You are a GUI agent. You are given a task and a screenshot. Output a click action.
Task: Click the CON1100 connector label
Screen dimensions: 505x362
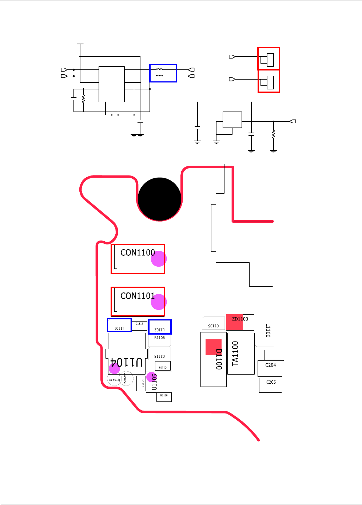point(137,252)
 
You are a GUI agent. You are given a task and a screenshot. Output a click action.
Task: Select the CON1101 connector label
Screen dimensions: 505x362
point(137,296)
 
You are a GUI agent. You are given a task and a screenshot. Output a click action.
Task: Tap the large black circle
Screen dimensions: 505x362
point(159,199)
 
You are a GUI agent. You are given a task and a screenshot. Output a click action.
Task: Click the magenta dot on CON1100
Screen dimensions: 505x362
point(159,258)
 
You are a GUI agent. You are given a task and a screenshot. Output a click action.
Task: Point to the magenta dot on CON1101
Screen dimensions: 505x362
point(159,302)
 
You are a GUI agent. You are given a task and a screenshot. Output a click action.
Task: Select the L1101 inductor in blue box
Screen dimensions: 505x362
point(119,325)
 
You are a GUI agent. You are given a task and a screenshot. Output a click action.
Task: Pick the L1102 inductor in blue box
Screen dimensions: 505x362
point(160,327)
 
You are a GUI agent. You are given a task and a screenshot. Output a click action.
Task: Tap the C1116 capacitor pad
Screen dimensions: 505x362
point(139,325)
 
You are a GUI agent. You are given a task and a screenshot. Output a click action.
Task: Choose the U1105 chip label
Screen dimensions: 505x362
point(154,382)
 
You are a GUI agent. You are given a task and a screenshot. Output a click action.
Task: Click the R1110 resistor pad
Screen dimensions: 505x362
point(164,397)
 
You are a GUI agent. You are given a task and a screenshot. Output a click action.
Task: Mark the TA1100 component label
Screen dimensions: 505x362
point(235,353)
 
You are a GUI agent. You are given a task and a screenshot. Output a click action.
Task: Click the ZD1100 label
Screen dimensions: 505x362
point(240,319)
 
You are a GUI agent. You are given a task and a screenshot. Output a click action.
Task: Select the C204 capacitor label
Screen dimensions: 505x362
point(271,365)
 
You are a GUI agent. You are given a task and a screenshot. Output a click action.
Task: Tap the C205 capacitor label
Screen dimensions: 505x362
point(271,382)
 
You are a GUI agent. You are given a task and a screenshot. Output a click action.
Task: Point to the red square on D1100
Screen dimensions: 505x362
point(214,347)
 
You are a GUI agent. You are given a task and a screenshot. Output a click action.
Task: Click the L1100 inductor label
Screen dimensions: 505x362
point(268,330)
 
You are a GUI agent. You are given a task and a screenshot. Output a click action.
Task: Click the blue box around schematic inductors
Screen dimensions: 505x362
point(163,73)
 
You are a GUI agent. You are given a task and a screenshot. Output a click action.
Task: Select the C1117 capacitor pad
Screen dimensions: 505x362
point(141,383)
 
